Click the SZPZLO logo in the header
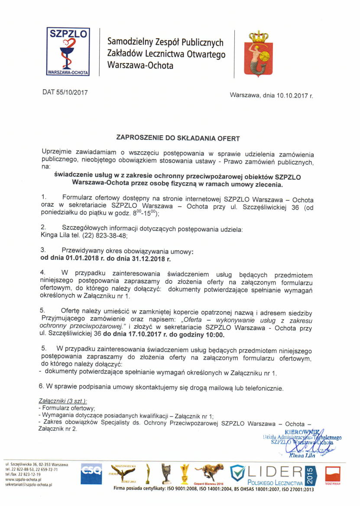coord(68,52)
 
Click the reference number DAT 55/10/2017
coord(65,92)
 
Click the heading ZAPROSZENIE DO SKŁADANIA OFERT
coord(178,138)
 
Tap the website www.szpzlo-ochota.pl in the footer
coord(23,480)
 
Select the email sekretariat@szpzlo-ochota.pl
coord(29,485)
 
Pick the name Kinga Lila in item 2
coord(53,236)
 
